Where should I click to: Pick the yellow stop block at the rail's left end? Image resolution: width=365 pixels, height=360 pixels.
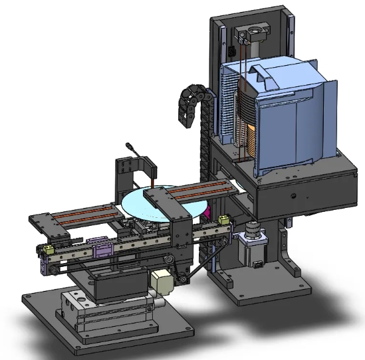pos(48,250)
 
